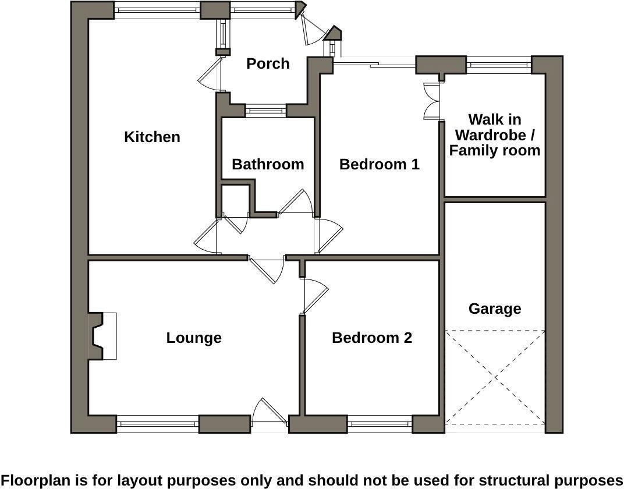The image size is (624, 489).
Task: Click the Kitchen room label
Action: [152, 137]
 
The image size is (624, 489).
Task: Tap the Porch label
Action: [268, 63]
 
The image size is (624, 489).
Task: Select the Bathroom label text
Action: [268, 164]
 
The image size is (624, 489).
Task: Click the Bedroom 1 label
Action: [379, 164]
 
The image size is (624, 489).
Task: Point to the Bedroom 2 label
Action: [372, 338]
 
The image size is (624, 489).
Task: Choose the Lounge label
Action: [194, 338]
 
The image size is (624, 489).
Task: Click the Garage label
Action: [495, 309]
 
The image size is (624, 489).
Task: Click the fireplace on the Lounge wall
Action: [100, 336]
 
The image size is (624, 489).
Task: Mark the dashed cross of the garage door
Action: [495, 378]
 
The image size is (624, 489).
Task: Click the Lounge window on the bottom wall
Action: [157, 424]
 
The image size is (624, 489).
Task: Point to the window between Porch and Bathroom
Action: [265, 109]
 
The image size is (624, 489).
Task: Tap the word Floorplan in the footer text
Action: [36, 480]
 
